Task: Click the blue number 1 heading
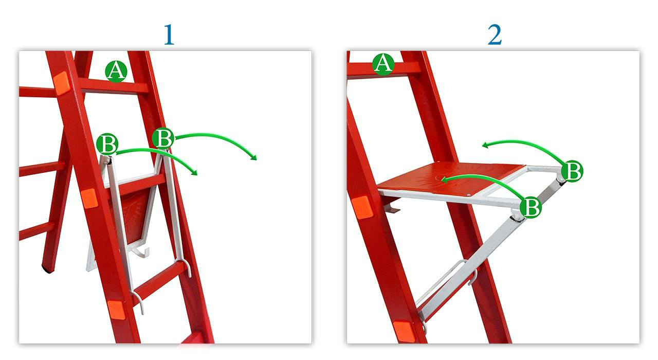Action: click(x=169, y=34)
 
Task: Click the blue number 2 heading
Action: click(x=495, y=34)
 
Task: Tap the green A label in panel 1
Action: click(x=116, y=71)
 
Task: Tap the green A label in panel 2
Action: click(x=383, y=64)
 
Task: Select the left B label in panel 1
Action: click(x=107, y=143)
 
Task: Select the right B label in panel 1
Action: click(x=163, y=138)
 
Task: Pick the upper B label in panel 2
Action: click(x=572, y=171)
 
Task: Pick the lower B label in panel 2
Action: click(x=531, y=207)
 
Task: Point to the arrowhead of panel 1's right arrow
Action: click(x=254, y=157)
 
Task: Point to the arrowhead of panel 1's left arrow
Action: click(x=194, y=172)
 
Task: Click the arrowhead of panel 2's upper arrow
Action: click(x=485, y=145)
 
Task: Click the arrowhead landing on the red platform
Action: click(x=444, y=179)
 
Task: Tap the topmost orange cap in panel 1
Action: click(x=61, y=83)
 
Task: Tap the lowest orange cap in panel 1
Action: click(x=116, y=310)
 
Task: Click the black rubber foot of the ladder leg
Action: click(x=48, y=269)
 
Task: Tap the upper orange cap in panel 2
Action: click(x=362, y=207)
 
